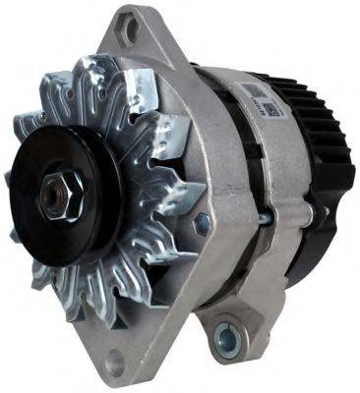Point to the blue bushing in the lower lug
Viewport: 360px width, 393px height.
[227, 339]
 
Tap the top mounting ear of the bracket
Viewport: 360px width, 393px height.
[133, 34]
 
